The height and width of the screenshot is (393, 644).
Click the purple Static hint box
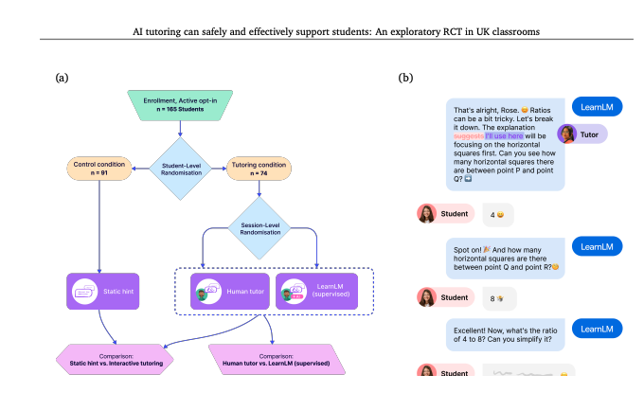[x=104, y=291]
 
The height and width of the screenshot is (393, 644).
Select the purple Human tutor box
[x=227, y=291]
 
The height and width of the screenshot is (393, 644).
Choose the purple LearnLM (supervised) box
[x=317, y=291]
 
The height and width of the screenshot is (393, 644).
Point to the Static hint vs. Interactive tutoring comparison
[x=116, y=360]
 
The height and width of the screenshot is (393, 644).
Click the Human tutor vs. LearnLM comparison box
[x=272, y=360]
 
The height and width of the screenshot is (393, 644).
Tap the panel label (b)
[x=405, y=77]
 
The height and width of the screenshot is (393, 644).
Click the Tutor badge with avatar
[x=581, y=134]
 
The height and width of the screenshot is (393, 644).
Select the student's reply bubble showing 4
[x=497, y=214]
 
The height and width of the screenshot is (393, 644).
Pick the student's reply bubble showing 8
[x=497, y=298]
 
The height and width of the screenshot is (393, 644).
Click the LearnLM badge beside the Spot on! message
[x=597, y=246]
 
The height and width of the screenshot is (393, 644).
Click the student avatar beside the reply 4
[x=428, y=214]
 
